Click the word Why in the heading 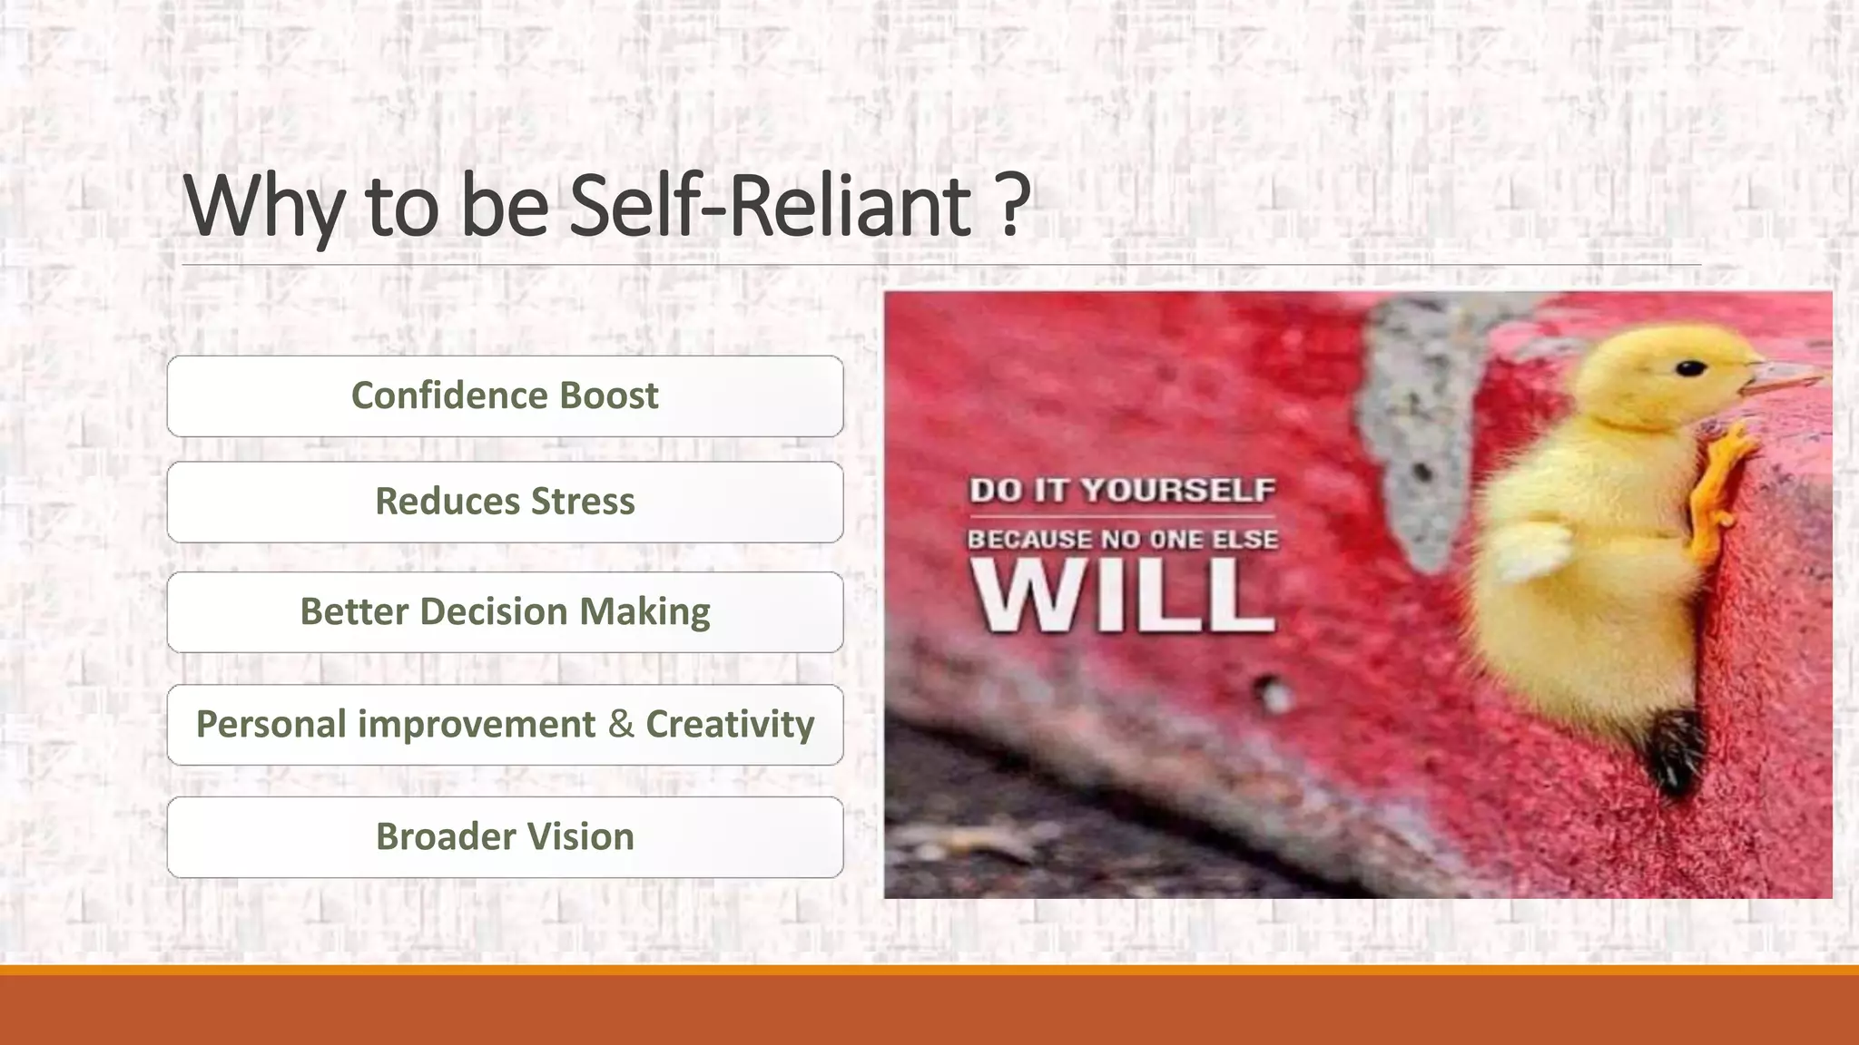coord(263,207)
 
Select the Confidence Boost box coord(505,396)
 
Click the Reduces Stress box coord(505,502)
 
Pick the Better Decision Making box coord(505,612)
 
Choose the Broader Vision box coord(505,836)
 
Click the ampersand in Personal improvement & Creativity coord(621,724)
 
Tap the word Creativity coord(730,725)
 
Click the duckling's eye coord(1689,368)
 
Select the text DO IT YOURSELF coord(1122,490)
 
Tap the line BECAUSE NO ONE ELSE coord(1122,540)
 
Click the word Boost coord(608,396)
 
